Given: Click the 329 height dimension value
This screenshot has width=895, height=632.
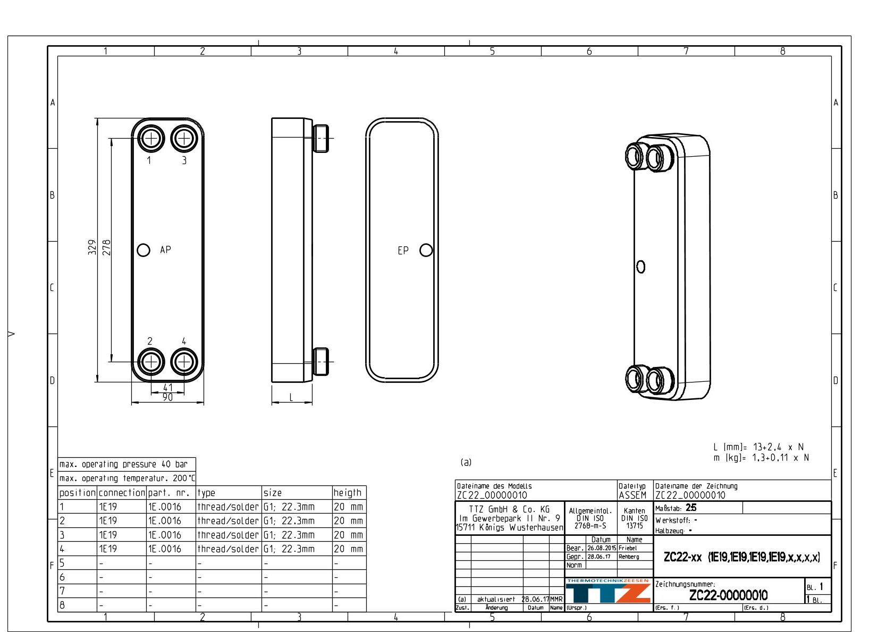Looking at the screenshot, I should click(92, 247).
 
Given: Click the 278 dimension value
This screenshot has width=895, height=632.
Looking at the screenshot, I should click(106, 247).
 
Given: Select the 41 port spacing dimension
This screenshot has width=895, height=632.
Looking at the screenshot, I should click(167, 388).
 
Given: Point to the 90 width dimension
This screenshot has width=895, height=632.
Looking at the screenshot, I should click(167, 398).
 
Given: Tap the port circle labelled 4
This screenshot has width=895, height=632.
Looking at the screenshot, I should click(184, 362).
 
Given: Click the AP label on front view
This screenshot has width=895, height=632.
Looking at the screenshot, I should click(165, 250).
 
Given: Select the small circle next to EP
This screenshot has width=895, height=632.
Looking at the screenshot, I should click(426, 250).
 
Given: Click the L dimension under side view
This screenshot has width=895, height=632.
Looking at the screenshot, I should click(291, 397).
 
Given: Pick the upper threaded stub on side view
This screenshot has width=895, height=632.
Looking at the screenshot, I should click(321, 138).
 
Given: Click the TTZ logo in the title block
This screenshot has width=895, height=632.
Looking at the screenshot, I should click(607, 593).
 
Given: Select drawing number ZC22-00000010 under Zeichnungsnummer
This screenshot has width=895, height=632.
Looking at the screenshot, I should click(728, 595).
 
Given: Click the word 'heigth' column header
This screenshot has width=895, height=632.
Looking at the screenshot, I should click(347, 493).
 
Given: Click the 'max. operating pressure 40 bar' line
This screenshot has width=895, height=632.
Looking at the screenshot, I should click(123, 464).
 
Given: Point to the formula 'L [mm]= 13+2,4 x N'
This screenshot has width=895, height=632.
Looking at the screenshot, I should click(758, 447).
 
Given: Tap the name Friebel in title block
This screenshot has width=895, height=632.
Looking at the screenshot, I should click(627, 548).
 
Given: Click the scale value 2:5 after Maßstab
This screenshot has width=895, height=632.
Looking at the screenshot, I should click(690, 508).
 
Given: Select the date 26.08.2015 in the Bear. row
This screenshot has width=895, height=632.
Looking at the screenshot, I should click(601, 548).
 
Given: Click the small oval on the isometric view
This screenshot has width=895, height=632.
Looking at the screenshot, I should click(640, 267).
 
